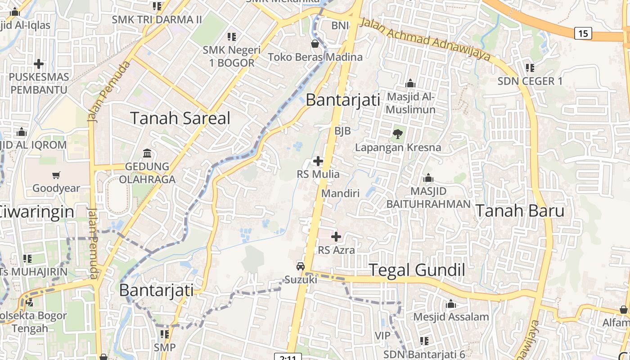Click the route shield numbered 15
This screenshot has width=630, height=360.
583,33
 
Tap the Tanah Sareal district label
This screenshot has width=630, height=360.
180,118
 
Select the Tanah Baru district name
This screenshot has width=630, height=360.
520,211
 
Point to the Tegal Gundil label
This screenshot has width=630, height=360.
417,270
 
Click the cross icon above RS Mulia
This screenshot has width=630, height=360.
318,161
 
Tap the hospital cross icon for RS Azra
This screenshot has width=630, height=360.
336,236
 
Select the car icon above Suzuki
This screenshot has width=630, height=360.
301,266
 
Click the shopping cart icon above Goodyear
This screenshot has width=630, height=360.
56,175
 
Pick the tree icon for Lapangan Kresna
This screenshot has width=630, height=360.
397,133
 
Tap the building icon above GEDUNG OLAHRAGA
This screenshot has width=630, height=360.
147,153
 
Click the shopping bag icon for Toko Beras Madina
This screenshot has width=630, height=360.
315,44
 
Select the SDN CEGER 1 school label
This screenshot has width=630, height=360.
530,81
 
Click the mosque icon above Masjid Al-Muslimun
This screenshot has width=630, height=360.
410,84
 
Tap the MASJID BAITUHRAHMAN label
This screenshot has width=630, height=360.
428,198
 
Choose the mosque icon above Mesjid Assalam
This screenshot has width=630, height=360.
451,304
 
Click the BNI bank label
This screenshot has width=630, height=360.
340,26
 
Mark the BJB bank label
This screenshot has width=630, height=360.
342,130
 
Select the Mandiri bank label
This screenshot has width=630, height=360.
340,193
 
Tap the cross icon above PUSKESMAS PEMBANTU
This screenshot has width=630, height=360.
39,64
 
